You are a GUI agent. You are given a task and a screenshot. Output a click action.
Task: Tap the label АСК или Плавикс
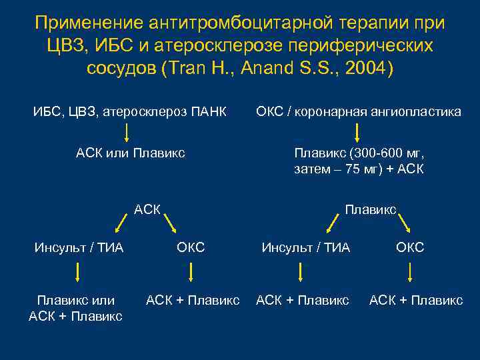pyautogui.click(x=130, y=153)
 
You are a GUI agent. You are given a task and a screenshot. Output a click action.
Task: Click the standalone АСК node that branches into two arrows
pyautogui.click(x=147, y=209)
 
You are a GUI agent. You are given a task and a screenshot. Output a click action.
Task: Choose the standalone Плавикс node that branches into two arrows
pyautogui.click(x=371, y=209)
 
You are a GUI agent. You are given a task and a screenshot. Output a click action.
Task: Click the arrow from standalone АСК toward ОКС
pyautogui.click(x=171, y=223)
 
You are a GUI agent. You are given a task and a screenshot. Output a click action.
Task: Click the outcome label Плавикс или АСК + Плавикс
pyautogui.click(x=75, y=309)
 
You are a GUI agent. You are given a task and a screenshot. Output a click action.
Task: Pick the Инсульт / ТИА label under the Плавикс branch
pyautogui.click(x=305, y=248)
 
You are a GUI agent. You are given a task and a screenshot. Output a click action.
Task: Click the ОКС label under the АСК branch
pyautogui.click(x=191, y=248)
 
